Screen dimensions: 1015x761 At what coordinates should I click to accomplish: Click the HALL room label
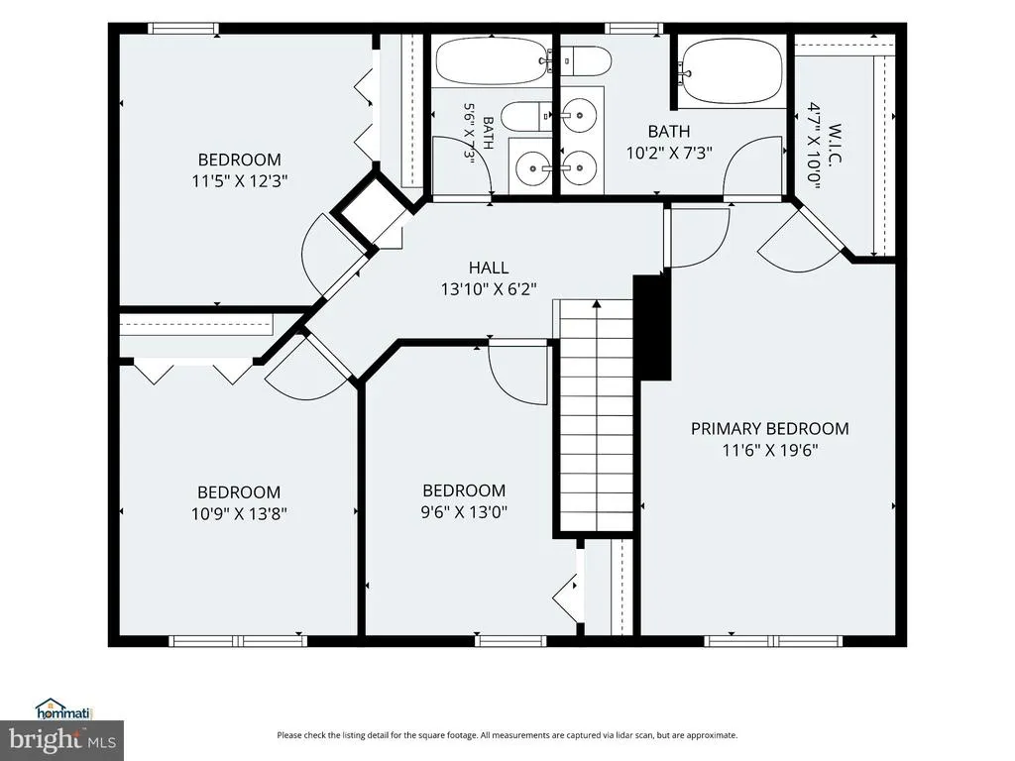(489, 268)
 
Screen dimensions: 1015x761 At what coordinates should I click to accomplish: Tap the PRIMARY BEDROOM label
(769, 428)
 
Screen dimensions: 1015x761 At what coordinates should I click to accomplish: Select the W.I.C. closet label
(835, 144)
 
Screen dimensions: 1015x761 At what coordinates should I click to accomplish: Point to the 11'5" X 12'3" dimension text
(240, 180)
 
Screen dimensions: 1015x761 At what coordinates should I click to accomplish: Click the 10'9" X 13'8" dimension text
(239, 514)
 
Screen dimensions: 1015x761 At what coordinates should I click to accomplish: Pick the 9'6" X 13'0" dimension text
(464, 512)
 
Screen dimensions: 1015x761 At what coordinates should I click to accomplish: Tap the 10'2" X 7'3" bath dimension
(669, 153)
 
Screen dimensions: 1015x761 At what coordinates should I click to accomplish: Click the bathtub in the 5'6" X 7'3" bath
(493, 60)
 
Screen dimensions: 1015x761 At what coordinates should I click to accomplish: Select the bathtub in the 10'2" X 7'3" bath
(731, 71)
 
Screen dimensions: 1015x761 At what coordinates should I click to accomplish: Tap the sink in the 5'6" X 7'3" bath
(532, 168)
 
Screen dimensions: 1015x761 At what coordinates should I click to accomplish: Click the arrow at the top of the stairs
(597, 303)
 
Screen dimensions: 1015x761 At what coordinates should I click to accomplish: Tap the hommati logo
(64, 709)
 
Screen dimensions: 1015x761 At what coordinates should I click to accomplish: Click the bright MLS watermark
(62, 740)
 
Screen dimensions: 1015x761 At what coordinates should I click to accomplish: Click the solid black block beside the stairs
(652, 327)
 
